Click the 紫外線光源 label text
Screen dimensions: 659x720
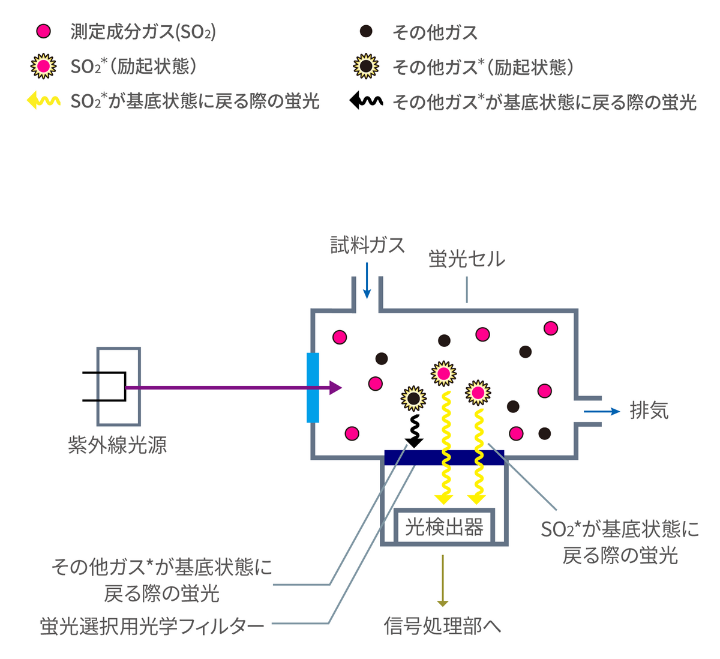[117, 445]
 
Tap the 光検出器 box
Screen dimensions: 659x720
[444, 527]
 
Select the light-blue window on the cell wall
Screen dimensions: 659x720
[313, 388]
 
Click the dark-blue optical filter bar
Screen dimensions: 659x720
[444, 457]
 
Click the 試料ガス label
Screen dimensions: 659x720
[367, 245]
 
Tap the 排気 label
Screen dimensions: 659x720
[649, 411]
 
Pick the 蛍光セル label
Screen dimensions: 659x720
[467, 259]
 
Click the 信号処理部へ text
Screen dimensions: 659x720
[442, 626]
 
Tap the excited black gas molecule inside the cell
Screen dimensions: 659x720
[413, 397]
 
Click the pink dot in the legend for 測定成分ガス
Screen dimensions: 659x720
[44, 31]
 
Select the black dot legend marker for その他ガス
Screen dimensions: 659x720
[366, 31]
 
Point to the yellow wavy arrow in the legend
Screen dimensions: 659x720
[43, 100]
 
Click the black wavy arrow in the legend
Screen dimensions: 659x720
[366, 100]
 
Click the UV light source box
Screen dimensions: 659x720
[119, 386]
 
